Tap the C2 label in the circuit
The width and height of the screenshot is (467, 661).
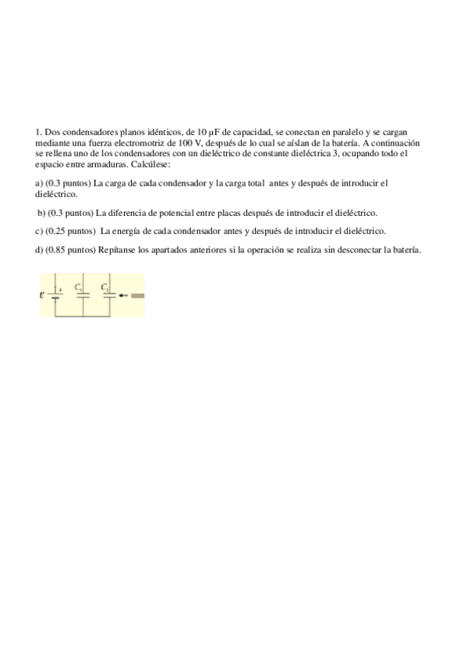104,287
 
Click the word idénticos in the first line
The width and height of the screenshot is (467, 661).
161,133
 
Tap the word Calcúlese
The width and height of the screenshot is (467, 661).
148,164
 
